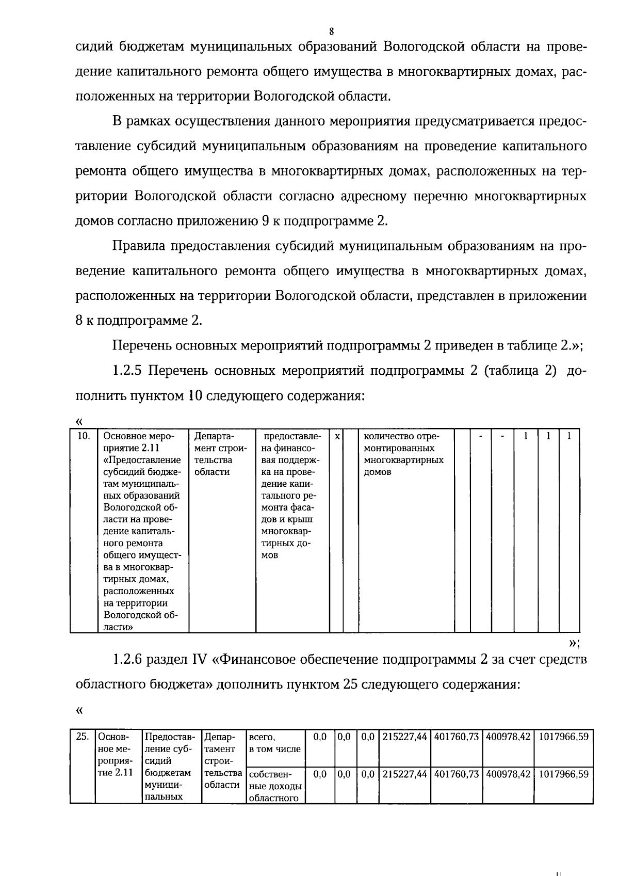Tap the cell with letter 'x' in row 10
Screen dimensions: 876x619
(336, 437)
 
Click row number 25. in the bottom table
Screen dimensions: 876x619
(82, 737)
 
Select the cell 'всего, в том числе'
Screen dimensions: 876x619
(274, 743)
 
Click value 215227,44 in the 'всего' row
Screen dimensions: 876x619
(404, 737)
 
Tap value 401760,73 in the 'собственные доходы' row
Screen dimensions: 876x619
(456, 774)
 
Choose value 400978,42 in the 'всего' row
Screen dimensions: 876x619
(508, 737)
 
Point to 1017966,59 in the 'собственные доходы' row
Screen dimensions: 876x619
(563, 774)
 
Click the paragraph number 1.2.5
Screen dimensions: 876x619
(129, 371)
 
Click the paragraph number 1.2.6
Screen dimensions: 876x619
(129, 660)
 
